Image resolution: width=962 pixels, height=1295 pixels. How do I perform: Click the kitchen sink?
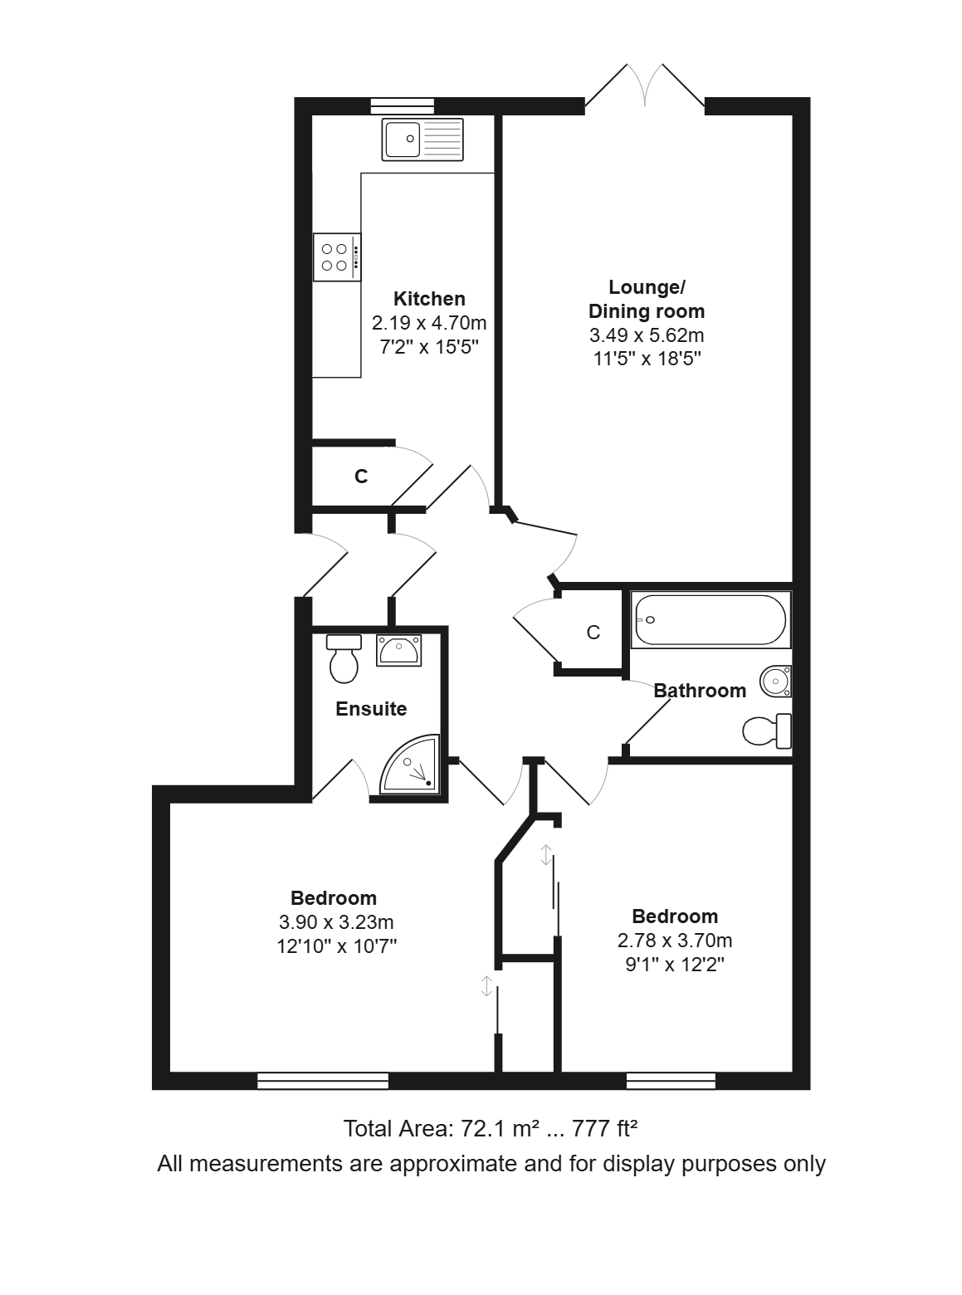422,139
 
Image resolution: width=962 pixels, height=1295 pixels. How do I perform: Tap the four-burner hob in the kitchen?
337,257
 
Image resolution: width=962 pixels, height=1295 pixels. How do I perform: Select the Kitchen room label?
429,299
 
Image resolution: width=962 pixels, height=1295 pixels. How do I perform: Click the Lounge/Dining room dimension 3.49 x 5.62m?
647,335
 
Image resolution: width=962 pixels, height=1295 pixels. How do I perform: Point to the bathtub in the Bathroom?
711,619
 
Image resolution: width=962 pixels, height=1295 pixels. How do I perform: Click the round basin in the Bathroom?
776,681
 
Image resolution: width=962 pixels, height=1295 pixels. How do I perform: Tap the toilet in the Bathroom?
767,731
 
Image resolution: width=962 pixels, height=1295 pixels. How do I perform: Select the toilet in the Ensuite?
344,658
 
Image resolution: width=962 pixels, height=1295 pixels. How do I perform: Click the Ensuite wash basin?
398,650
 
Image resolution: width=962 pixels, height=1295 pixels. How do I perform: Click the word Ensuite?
371,709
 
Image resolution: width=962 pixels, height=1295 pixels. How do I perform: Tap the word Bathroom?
700,691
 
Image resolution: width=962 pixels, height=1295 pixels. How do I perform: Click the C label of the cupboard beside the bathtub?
593,633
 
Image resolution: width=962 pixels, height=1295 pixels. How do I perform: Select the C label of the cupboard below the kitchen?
361,477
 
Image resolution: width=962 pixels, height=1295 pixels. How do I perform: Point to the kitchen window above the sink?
403,106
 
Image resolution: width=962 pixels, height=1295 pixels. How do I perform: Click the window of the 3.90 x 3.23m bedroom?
323,1081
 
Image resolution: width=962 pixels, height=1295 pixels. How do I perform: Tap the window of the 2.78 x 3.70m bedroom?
671,1081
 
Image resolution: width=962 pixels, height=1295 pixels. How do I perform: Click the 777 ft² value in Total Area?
605,1129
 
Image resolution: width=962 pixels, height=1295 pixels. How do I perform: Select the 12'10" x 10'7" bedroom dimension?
337,946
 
